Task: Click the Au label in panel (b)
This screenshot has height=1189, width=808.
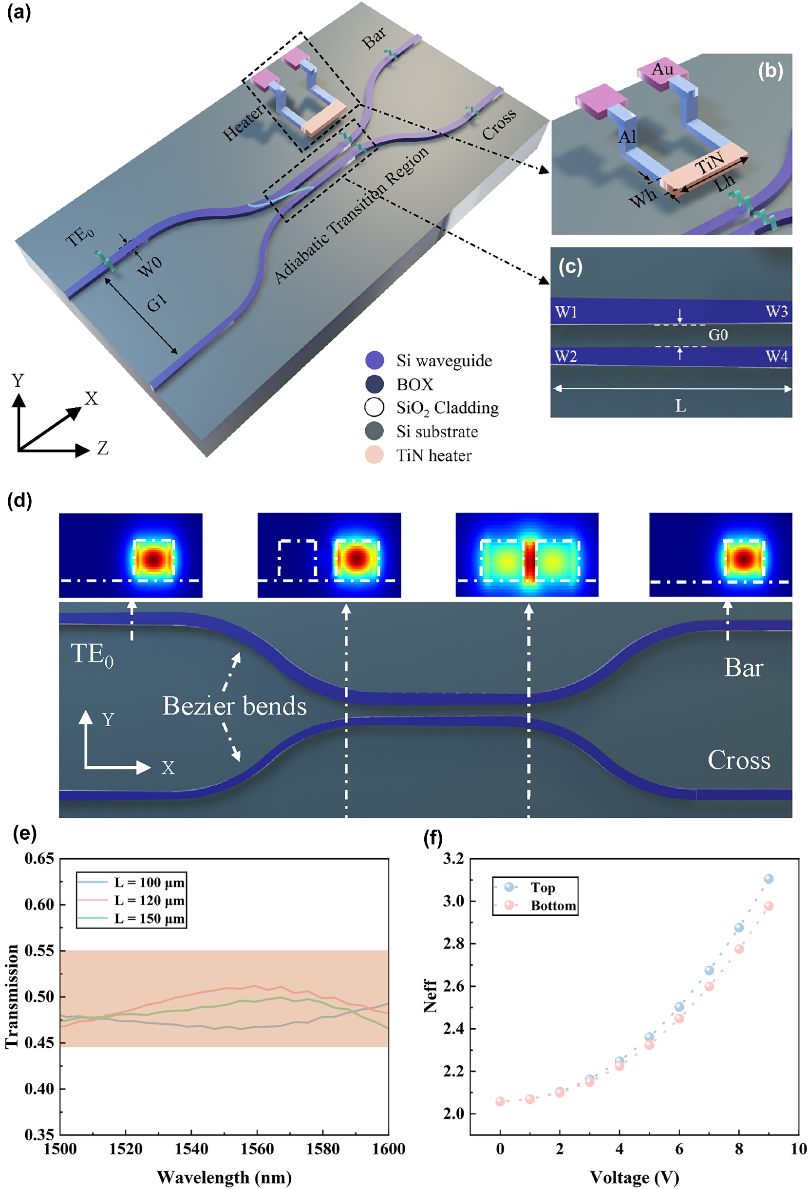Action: tap(662, 70)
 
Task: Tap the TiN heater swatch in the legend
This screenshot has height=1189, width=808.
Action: tap(374, 455)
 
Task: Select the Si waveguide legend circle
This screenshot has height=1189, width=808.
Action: tap(375, 360)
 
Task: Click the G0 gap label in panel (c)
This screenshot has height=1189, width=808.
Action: tap(717, 335)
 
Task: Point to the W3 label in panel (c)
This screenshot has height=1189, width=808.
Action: tap(776, 312)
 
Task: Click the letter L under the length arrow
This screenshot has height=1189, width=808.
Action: tap(680, 406)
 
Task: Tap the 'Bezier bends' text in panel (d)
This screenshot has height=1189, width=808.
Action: tap(234, 706)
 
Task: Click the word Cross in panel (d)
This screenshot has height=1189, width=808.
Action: tap(738, 760)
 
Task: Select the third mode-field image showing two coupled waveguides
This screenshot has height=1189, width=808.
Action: tap(526, 555)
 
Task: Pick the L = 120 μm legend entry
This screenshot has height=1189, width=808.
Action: tap(149, 901)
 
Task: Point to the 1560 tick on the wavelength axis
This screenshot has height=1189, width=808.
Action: tap(257, 1149)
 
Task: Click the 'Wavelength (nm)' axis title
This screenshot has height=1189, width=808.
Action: tap(224, 1177)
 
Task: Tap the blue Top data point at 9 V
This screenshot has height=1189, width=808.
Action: tap(768, 879)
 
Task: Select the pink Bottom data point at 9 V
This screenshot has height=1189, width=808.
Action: tap(768, 906)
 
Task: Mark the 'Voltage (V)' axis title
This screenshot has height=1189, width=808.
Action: tap(634, 1177)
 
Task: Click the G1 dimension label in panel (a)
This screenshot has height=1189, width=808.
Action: tap(157, 304)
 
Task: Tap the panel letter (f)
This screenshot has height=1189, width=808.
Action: tap(433, 838)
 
